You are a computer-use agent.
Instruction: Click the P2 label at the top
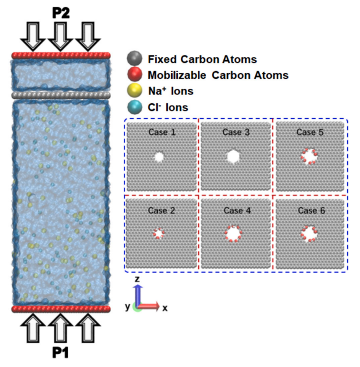(61, 13)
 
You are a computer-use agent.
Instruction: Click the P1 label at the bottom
(61, 353)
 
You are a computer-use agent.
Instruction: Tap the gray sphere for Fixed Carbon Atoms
(134, 58)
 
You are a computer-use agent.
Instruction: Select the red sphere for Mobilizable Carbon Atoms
(134, 74)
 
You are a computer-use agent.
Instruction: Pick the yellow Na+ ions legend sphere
(134, 91)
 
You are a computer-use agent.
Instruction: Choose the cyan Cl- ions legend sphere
(134, 107)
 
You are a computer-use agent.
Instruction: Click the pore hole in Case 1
(159, 157)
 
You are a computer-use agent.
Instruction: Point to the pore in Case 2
(159, 233)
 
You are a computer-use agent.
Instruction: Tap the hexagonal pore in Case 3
(233, 157)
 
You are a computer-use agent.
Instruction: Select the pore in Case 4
(233, 234)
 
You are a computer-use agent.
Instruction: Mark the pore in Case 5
(309, 157)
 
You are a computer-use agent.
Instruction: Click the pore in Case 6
(309, 234)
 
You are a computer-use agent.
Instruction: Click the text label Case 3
(236, 132)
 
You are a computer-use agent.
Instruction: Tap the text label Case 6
(312, 210)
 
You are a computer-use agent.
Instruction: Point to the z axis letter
(137, 279)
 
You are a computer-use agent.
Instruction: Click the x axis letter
(165, 308)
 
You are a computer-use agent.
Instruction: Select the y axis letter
(127, 306)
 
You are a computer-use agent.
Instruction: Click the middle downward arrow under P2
(61, 37)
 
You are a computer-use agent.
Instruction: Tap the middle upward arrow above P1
(61, 328)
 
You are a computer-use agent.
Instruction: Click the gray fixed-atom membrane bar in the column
(61, 95)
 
